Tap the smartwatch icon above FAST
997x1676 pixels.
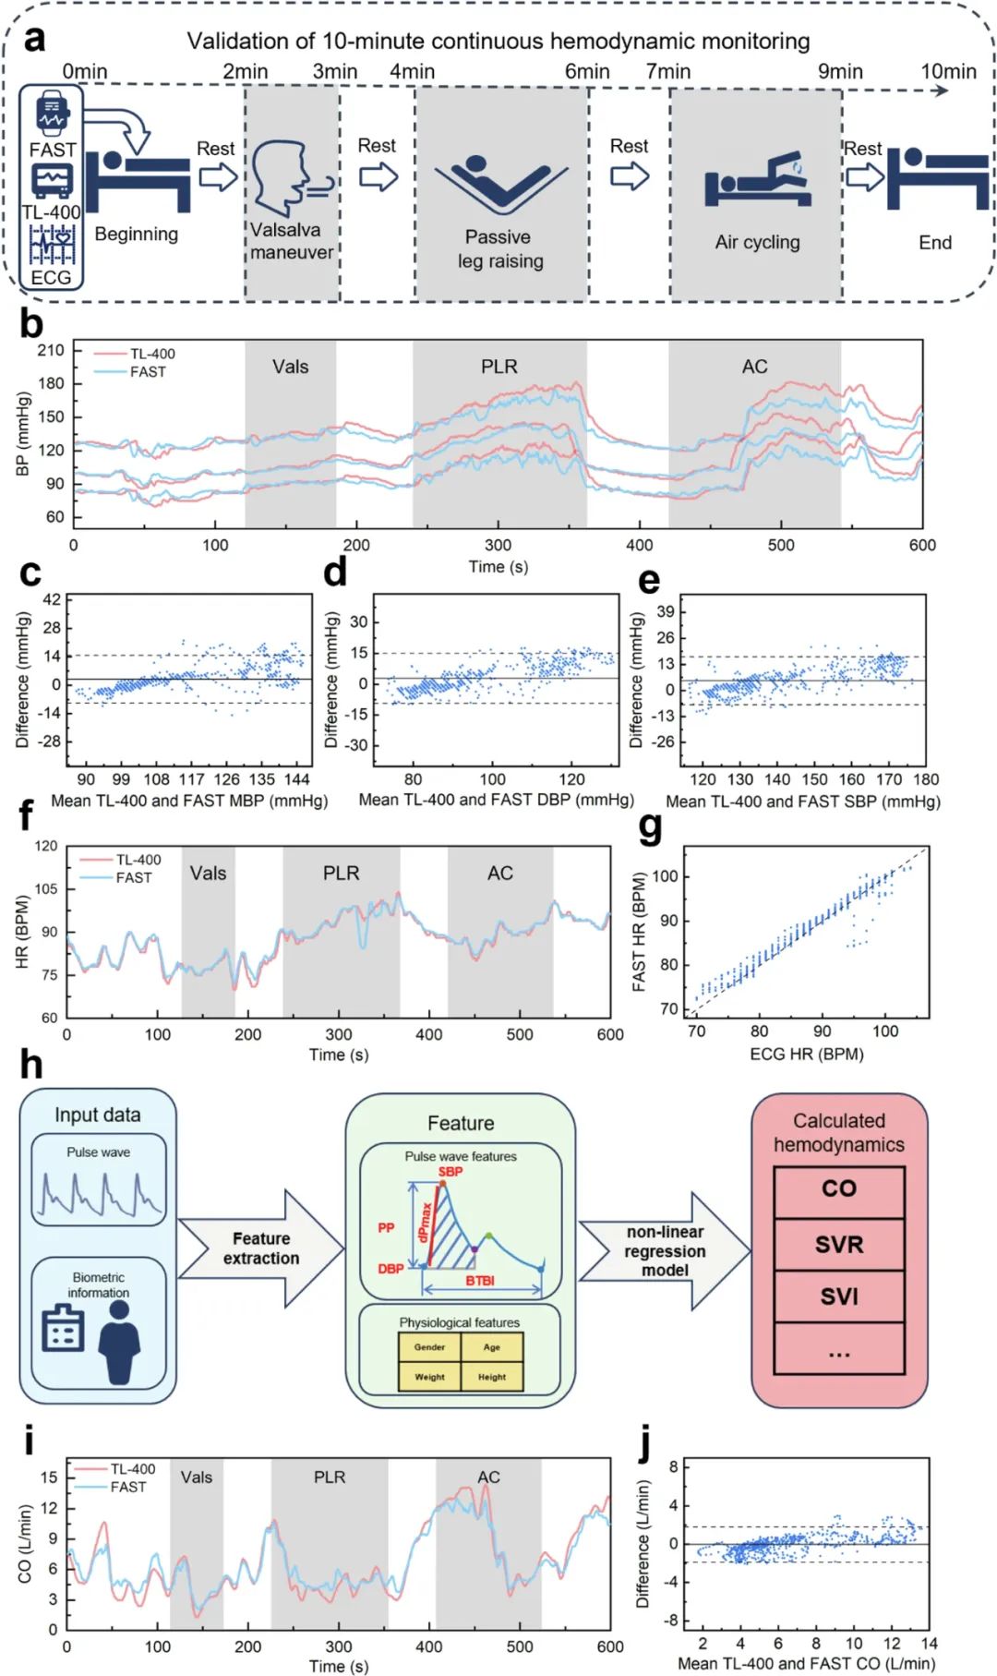(x=52, y=113)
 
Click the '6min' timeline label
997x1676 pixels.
(x=587, y=72)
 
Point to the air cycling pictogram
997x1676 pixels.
(x=757, y=180)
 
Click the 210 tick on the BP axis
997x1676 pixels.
(x=51, y=351)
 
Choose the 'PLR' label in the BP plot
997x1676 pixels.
(x=498, y=367)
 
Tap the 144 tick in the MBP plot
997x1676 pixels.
(x=297, y=778)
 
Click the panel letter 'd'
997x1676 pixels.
(x=335, y=573)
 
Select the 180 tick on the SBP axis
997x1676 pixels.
(x=926, y=779)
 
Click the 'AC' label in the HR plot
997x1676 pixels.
(x=500, y=873)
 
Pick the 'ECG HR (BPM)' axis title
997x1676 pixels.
(x=807, y=1054)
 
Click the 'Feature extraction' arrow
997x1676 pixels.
(x=262, y=1248)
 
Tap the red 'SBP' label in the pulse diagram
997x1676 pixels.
(x=450, y=1172)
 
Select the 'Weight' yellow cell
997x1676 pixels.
(x=429, y=1376)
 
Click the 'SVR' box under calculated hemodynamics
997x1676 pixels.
(x=838, y=1244)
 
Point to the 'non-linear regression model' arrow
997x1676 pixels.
(x=665, y=1250)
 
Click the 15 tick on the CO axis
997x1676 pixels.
(x=49, y=1477)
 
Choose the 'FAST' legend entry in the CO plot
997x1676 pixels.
(x=127, y=1487)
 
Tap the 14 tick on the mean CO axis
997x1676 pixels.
(x=929, y=1643)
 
